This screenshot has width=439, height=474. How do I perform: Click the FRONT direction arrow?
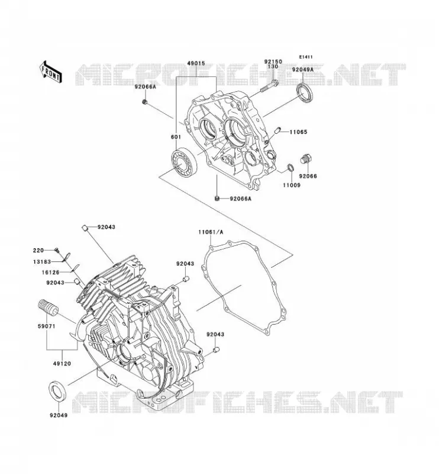pos(50,72)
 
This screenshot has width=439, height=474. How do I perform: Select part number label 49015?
pos(196,63)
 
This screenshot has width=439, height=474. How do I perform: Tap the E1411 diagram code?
pos(306,57)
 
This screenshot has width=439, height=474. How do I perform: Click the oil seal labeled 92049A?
pos(304,93)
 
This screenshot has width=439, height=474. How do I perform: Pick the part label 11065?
pos(298,132)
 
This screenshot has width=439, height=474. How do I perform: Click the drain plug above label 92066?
pos(306,159)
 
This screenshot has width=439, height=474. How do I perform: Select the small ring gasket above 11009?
pos(290,167)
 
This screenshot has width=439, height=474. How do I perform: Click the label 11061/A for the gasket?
pos(211,232)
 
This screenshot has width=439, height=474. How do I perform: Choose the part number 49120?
pos(62,363)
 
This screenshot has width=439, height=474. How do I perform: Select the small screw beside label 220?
pos(56,249)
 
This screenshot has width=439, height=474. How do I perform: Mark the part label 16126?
pos(51,273)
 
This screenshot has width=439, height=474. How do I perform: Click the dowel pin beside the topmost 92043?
pos(85,228)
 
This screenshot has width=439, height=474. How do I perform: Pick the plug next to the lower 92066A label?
pos(217,198)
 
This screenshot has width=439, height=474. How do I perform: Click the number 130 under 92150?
pos(273,66)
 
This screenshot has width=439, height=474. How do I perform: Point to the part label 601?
pos(176,137)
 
